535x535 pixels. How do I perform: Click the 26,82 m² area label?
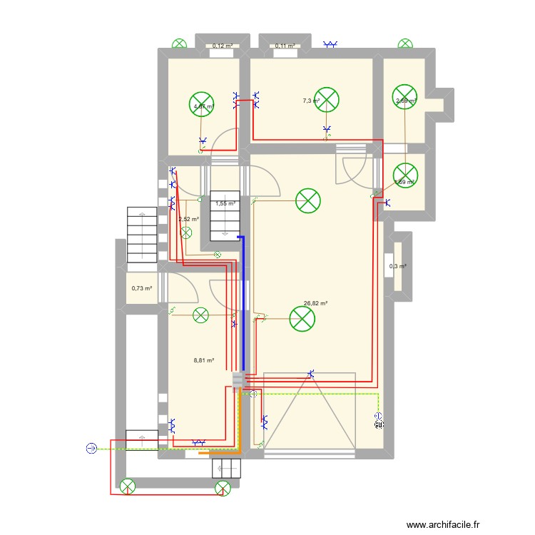coord(315,303)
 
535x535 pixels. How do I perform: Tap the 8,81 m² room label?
coord(204,361)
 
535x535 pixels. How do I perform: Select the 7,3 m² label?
coord(310,101)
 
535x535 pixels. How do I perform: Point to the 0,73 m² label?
coord(141,288)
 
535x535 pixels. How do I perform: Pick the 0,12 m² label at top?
coord(222,46)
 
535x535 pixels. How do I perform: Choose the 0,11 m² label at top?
coord(285,46)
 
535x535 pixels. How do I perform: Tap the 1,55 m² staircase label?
coord(225,203)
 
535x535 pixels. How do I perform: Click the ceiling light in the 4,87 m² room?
coord(203,104)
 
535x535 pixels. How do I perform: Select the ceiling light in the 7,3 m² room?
coord(327,100)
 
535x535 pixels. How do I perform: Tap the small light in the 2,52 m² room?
coord(187,233)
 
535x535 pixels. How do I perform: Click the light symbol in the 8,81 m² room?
coord(201,314)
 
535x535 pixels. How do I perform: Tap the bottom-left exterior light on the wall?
coord(128,487)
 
